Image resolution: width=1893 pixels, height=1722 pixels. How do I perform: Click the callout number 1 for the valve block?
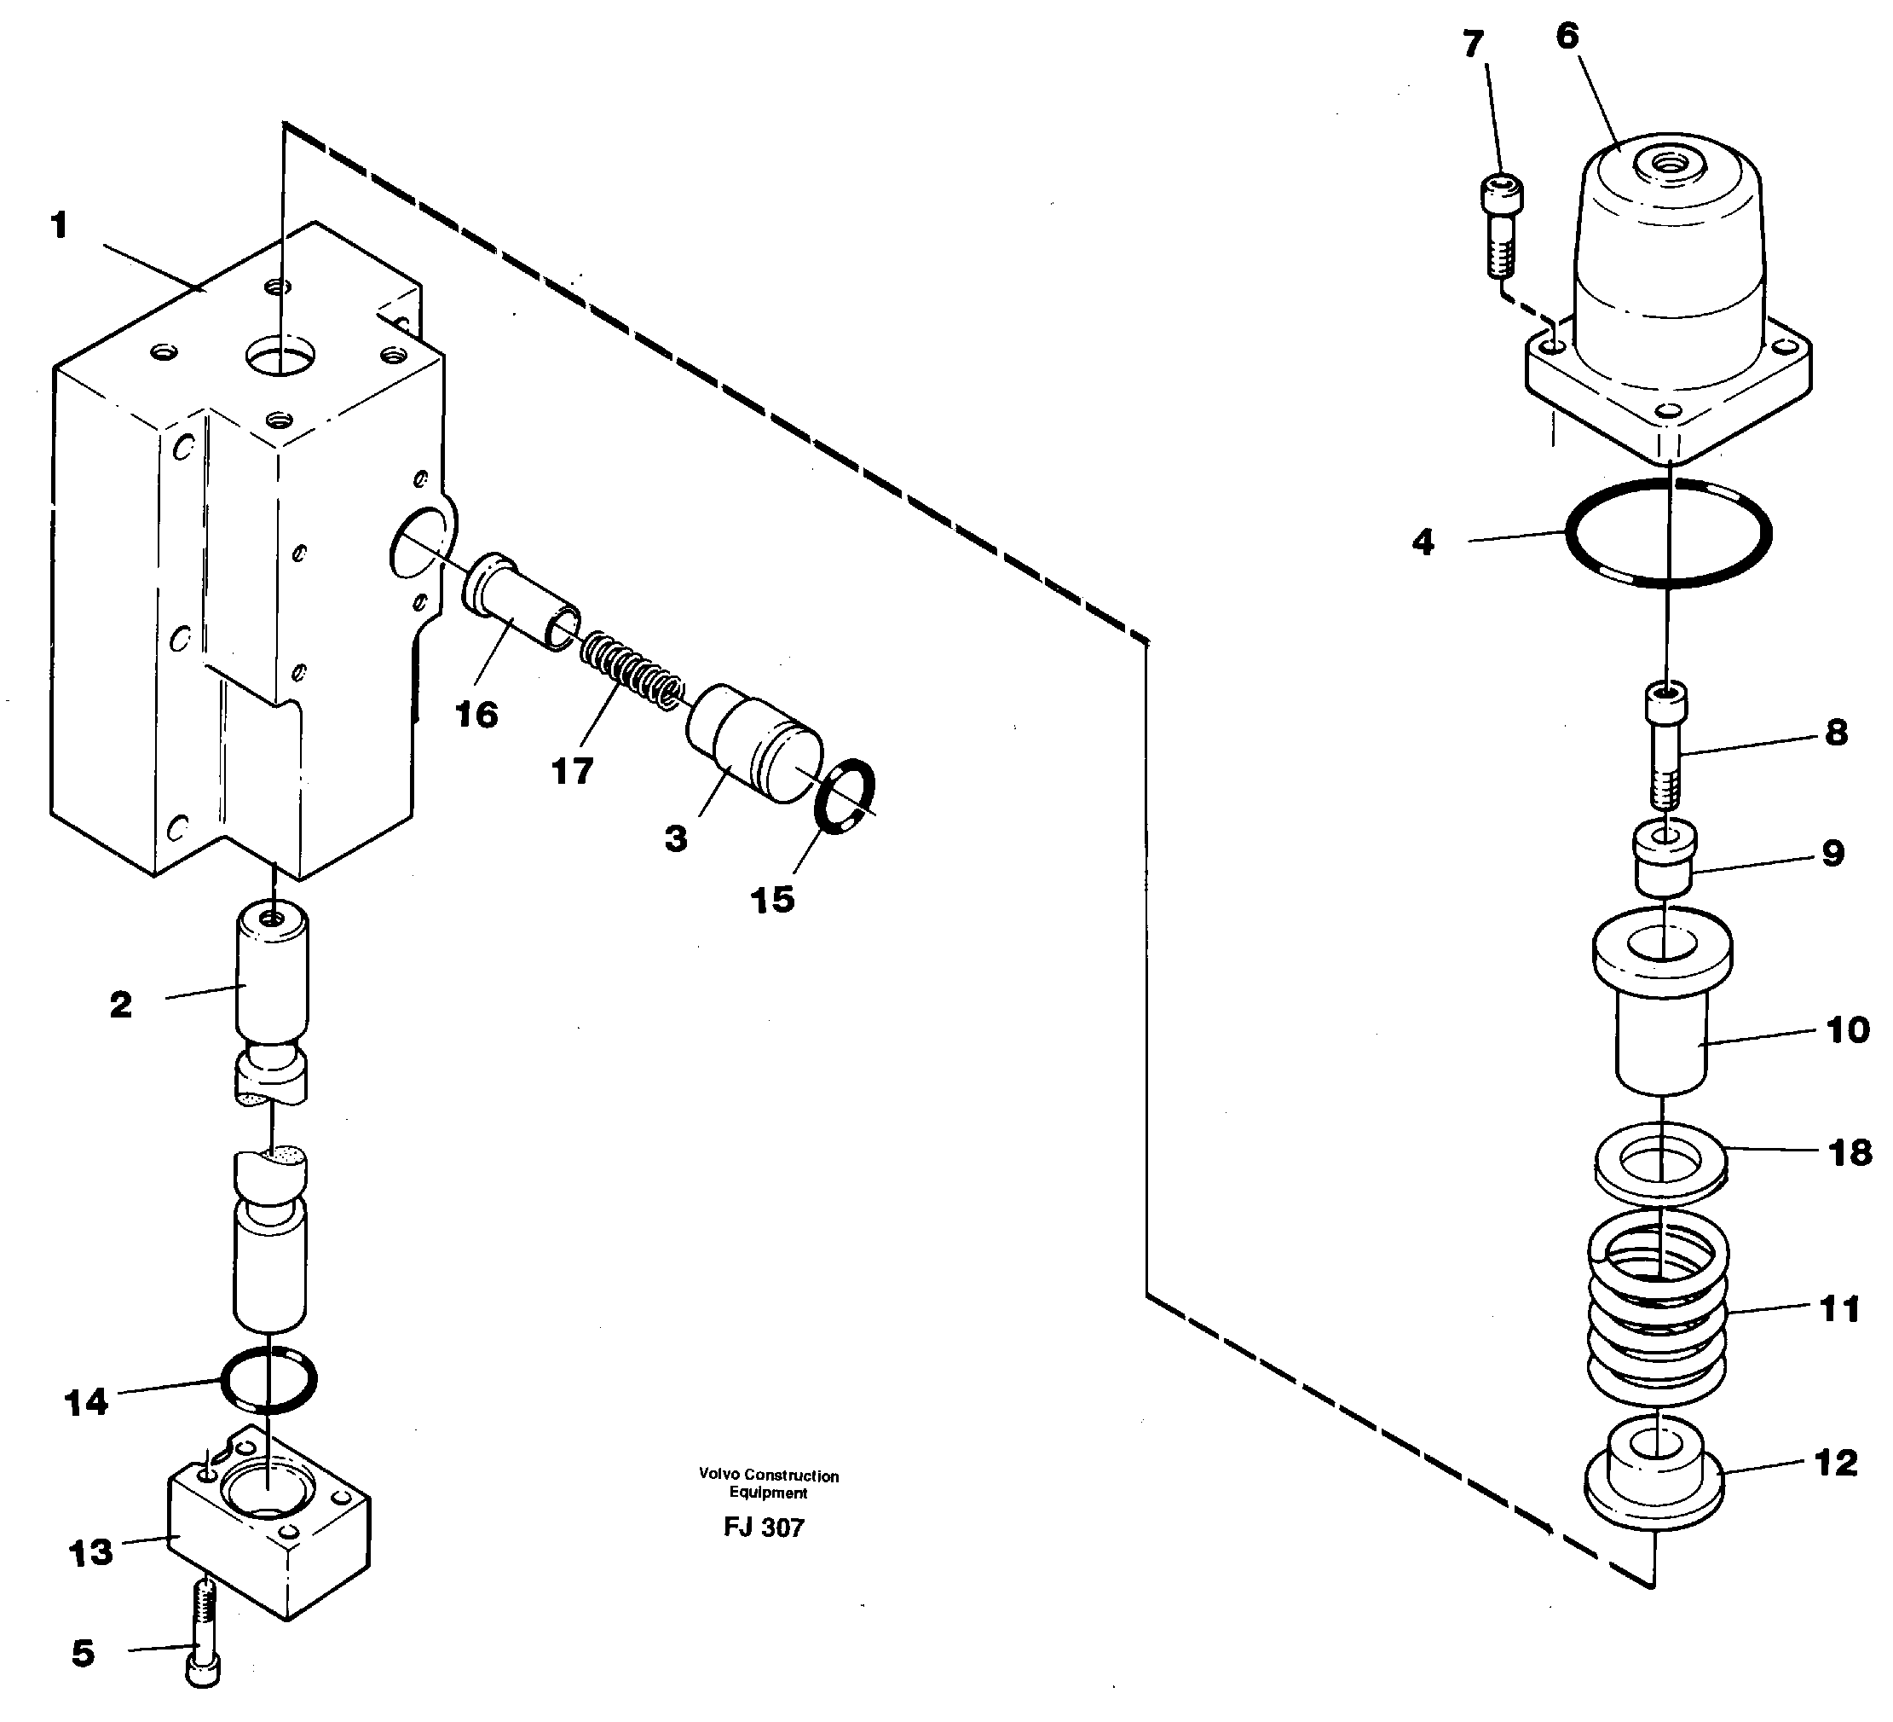point(59,226)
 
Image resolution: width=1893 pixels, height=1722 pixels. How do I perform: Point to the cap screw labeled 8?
point(1665,747)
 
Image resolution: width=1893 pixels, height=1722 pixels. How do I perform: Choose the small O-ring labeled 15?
point(843,797)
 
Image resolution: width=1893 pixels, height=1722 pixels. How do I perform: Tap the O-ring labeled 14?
point(268,1381)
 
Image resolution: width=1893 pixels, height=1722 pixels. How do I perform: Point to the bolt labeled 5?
point(204,1635)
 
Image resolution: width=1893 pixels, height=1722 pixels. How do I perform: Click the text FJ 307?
point(764,1528)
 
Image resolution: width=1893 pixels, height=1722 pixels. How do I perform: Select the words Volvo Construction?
point(768,1476)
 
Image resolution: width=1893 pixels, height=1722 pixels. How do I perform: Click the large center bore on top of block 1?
point(280,358)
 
